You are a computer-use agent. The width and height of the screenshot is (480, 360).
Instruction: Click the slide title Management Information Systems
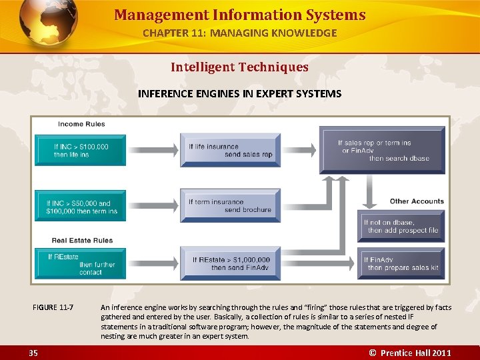pos(239,15)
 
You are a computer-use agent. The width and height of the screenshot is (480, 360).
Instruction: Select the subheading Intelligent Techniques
pos(239,67)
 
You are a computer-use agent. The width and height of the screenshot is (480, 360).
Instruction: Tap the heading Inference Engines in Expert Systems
pos(239,93)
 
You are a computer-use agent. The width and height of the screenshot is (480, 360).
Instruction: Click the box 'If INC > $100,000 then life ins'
pos(80,150)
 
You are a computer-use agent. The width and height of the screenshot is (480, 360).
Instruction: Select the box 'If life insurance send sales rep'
pos(230,150)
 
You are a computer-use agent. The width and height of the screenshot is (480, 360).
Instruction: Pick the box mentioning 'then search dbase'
pos(383,150)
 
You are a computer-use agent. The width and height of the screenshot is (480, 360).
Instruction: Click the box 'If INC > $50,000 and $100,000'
pos(80,207)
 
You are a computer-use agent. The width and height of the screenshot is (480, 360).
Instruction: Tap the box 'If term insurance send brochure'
pos(230,205)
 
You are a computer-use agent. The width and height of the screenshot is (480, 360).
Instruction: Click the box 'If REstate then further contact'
pos(80,264)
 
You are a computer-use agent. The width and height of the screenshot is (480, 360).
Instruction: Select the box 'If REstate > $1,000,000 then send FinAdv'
pos(230,264)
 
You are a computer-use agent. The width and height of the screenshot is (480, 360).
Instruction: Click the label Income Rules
pos(81,124)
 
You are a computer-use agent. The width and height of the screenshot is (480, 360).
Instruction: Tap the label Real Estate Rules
pos(82,241)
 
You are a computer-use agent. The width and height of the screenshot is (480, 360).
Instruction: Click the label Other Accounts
pos(417,201)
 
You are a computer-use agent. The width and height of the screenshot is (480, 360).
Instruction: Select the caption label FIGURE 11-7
pos(53,307)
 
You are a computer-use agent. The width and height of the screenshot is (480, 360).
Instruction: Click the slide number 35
pos(33,353)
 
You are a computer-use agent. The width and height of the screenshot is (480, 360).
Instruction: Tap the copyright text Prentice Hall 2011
pos(410,353)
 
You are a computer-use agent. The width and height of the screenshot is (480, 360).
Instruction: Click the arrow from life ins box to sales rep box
pos(153,150)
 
